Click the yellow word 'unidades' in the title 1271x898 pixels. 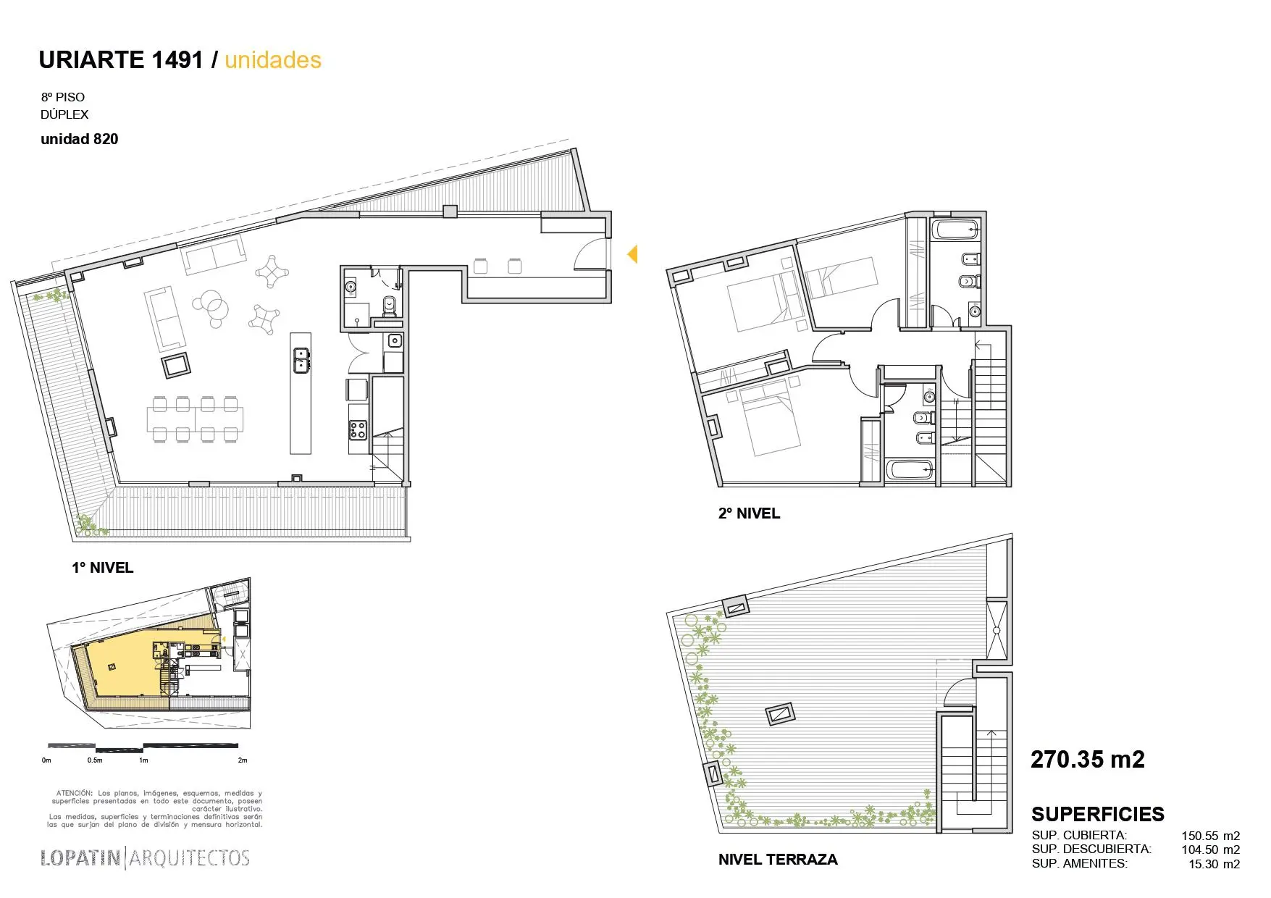272,60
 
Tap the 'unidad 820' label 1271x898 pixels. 79,139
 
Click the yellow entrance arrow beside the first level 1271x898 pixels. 632,254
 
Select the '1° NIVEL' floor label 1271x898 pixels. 102,568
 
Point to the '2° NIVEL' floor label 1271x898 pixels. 749,513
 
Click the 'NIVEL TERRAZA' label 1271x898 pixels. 777,860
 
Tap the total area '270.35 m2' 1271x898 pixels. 1087,760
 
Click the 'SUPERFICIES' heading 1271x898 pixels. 1097,814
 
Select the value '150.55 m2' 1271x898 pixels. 1210,836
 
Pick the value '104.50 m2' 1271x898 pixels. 1210,849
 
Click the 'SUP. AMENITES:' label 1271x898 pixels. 1079,863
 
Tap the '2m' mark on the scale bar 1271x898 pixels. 243,760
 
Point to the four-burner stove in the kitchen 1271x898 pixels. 358,430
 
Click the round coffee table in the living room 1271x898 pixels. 211,306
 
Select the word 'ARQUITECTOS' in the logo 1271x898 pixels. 189,858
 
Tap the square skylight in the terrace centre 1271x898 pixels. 780,715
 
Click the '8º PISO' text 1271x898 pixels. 63,97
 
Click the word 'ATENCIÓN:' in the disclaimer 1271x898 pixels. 75,793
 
